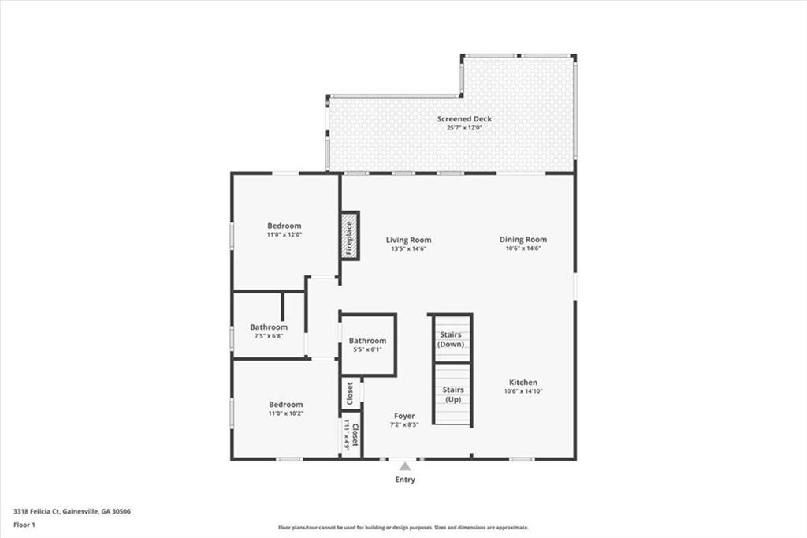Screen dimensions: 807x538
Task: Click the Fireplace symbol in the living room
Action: click(350, 236)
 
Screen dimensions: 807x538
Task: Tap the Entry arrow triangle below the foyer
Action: click(405, 466)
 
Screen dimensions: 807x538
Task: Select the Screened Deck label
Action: click(464, 118)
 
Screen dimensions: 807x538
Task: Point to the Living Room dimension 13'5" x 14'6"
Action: click(409, 248)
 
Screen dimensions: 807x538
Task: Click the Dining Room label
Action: click(523, 239)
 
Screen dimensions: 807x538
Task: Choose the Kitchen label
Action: click(523, 383)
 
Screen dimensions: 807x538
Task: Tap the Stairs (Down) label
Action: click(450, 339)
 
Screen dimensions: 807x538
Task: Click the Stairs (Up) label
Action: click(453, 394)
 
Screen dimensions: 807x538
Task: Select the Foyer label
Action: click(404, 416)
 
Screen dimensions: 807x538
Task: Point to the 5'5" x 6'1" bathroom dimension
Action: click(367, 349)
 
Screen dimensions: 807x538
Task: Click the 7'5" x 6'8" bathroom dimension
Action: click(269, 336)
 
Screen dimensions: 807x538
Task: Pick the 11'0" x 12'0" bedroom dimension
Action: click(284, 234)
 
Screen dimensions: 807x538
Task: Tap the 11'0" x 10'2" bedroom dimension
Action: click(285, 413)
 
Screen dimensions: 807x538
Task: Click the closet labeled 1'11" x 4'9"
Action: click(351, 436)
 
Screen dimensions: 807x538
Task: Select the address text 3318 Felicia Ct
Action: click(37, 512)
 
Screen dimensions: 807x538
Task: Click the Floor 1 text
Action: click(24, 525)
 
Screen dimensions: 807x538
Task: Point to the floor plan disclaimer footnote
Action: click(403, 528)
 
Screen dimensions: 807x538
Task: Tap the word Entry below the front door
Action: click(405, 480)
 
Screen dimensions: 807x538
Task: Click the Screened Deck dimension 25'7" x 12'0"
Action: click(464, 127)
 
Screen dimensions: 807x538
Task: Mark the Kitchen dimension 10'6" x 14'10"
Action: click(523, 391)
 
